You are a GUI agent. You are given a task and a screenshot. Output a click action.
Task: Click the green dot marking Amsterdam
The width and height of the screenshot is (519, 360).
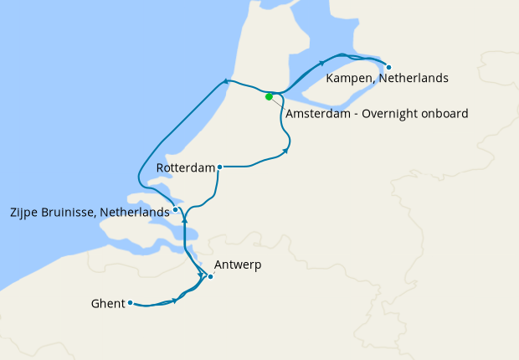click(x=269, y=96)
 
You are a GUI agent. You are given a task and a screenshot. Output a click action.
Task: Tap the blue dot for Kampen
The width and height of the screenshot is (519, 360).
click(x=388, y=66)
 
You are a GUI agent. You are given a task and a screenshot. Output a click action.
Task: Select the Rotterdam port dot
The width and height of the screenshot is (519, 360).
click(x=219, y=167)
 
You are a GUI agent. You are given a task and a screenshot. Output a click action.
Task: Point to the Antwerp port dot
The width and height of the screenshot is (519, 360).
click(x=210, y=276)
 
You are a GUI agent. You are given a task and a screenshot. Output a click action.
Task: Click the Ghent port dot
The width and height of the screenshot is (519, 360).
click(x=131, y=303)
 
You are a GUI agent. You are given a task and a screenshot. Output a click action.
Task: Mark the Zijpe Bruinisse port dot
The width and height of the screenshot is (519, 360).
click(x=175, y=210)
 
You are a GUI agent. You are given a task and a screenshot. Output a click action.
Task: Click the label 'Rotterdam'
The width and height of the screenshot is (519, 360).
click(x=186, y=168)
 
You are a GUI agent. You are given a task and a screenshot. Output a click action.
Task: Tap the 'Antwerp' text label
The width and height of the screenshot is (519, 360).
click(x=238, y=265)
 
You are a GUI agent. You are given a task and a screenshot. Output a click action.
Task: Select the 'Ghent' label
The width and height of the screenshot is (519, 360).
click(x=107, y=304)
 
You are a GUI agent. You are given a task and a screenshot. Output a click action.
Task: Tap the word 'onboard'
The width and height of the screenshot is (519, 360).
click(x=444, y=113)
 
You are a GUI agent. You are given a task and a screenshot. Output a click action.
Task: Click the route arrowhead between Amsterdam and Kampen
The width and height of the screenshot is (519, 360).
click(x=321, y=64)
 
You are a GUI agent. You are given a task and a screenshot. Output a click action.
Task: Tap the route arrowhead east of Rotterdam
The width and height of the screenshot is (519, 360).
click(x=286, y=152)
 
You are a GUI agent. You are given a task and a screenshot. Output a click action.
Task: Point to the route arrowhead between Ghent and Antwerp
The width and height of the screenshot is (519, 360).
click(x=175, y=300)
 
